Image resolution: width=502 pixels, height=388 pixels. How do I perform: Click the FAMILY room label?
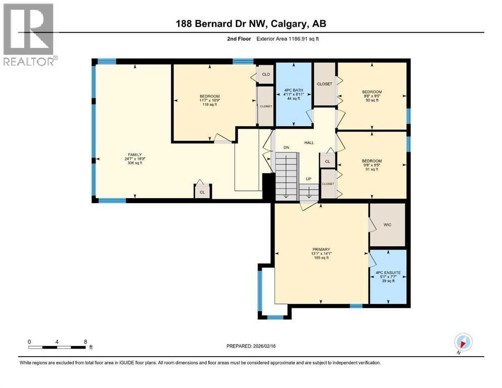click(134, 155)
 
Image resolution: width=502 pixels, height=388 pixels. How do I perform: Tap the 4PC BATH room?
click(293, 94)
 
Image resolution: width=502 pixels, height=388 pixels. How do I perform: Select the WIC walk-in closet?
click(387, 225)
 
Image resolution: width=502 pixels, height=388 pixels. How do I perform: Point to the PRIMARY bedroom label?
click(321, 250)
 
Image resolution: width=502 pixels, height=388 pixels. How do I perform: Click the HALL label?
click(309, 143)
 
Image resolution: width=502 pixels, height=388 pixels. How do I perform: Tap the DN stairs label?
click(286, 148)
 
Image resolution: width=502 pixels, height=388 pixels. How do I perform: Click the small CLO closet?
click(266, 75)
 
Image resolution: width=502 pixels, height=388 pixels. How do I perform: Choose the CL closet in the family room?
click(202, 192)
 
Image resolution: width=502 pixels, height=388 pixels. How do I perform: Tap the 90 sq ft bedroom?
click(372, 95)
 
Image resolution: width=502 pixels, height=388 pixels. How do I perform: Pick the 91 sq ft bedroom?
click(372, 165)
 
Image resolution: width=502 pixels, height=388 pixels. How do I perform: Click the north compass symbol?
click(463, 342)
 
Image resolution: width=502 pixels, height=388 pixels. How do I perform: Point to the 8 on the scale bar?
click(85, 342)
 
